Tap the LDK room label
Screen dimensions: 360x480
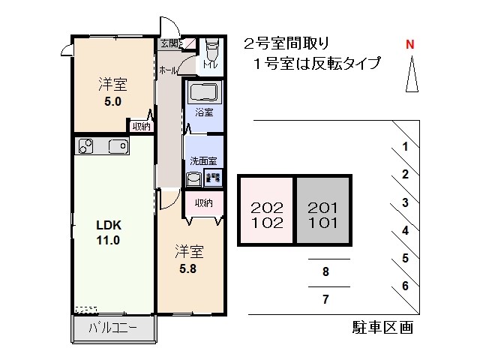(x=108, y=225)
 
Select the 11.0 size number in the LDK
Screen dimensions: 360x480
(x=108, y=241)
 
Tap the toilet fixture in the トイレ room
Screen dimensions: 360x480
(x=211, y=52)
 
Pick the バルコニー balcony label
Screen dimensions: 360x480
(x=112, y=328)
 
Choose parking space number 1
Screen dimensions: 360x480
(x=405, y=147)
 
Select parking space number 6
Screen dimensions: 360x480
(x=405, y=285)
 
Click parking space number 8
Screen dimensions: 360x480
(x=325, y=272)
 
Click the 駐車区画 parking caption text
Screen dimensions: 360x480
(x=382, y=328)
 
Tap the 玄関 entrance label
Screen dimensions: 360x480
(x=169, y=43)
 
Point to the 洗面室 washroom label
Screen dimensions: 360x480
(x=203, y=160)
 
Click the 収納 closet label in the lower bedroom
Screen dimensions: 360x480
(x=204, y=202)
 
